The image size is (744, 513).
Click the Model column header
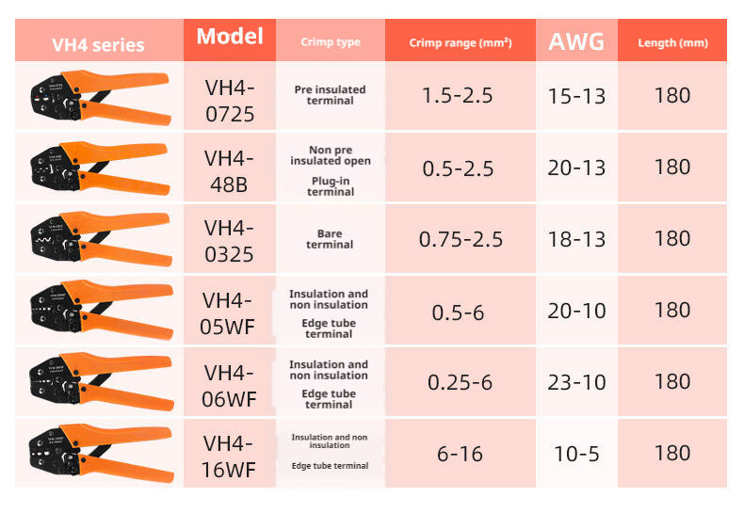click(x=230, y=38)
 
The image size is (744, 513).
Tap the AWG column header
click(x=576, y=41)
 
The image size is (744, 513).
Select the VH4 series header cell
click(x=98, y=44)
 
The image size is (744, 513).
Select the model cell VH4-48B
click(x=230, y=169)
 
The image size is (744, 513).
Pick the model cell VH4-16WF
click(x=230, y=456)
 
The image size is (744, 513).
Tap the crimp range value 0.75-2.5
click(x=461, y=238)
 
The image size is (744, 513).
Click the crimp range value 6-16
click(x=461, y=454)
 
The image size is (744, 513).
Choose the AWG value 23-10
click(x=576, y=381)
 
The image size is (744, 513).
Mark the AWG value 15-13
click(x=576, y=95)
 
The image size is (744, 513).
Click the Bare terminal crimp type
click(x=330, y=239)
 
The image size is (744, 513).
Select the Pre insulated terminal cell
click(x=330, y=95)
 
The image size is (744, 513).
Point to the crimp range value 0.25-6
click(x=461, y=381)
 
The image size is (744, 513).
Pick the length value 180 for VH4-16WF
click(x=672, y=453)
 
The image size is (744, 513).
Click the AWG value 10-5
click(x=576, y=454)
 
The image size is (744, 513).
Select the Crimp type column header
click(x=330, y=42)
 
